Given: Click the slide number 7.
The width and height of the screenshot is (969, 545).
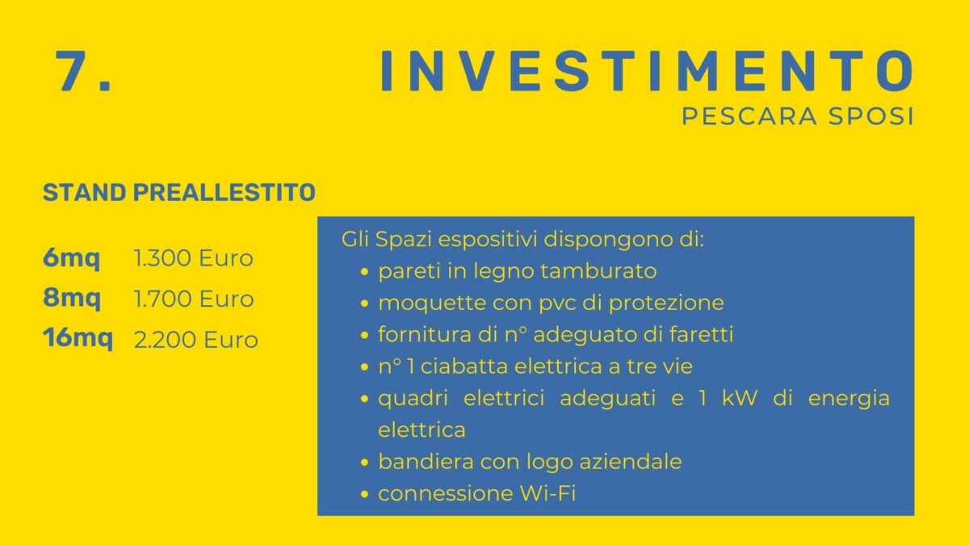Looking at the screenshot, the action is point(83,71).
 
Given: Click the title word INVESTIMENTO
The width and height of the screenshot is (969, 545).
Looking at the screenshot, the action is point(647,71).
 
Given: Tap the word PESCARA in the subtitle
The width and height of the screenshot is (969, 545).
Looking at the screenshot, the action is point(749,116).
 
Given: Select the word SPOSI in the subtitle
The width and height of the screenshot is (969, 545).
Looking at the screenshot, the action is point(870,116).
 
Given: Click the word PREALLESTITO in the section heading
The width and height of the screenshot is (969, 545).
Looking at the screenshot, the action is point(224,192).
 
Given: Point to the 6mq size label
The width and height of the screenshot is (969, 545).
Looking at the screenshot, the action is point(71,258).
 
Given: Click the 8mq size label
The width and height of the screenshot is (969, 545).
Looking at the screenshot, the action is point(72,299).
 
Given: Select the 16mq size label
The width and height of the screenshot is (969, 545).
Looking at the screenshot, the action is point(78,338).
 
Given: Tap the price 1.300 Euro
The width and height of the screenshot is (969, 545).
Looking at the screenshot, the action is point(193,258).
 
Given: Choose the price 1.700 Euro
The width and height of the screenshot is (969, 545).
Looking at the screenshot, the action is point(194,299).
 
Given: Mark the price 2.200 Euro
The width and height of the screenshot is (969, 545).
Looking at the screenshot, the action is point(196,340).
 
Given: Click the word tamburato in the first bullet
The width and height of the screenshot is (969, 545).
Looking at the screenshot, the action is point(598,271).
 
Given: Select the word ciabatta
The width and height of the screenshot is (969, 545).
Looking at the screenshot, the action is point(464,366).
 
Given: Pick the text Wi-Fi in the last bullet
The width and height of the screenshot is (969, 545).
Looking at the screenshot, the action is point(547,493).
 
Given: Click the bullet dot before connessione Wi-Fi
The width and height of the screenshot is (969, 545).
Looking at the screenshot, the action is point(364,494).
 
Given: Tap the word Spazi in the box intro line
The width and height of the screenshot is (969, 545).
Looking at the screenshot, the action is point(403,241).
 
